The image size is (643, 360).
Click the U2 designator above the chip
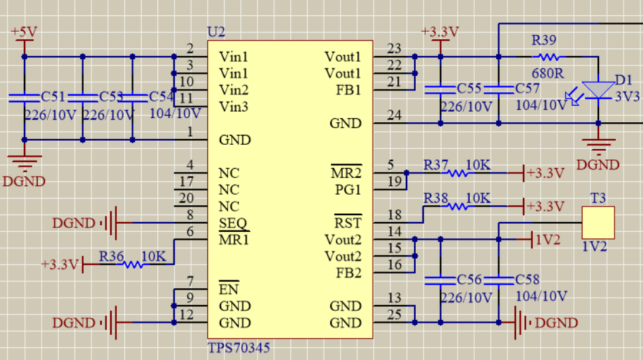coord(217,32)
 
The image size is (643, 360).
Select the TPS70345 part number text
coord(240,347)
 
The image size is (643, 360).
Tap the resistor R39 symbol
coord(546,57)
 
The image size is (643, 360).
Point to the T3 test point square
coord(598,223)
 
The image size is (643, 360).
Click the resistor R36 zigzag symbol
coord(134,264)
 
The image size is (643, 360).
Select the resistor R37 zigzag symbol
coord(457,173)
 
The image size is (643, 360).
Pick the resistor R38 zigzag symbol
coord(457,207)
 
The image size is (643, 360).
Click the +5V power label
coord(24,32)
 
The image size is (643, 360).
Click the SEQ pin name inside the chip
coord(232,223)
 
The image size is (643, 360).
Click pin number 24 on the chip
coord(394,116)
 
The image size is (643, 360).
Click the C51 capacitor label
coord(54,98)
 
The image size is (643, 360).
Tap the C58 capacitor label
coord(528,280)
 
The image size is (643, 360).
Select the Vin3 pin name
coord(234,106)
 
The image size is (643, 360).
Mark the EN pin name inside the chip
coord(229,290)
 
